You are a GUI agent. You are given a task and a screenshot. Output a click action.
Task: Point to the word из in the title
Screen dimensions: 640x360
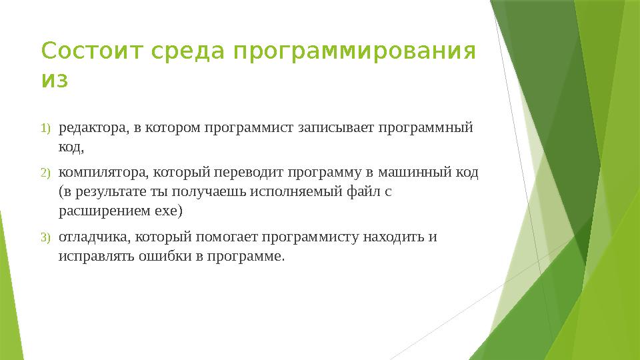(55, 80)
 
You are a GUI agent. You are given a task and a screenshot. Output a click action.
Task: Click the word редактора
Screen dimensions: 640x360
(94, 129)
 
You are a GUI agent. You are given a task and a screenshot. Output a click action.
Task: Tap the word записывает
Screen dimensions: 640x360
(335, 128)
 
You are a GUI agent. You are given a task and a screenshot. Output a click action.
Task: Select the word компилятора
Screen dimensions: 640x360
(104, 173)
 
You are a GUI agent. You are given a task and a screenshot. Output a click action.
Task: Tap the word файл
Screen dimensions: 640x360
(363, 191)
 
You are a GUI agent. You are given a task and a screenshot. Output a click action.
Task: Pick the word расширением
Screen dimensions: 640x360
(105, 212)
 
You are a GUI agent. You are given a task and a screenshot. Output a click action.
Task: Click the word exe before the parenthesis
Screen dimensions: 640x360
(166, 212)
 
